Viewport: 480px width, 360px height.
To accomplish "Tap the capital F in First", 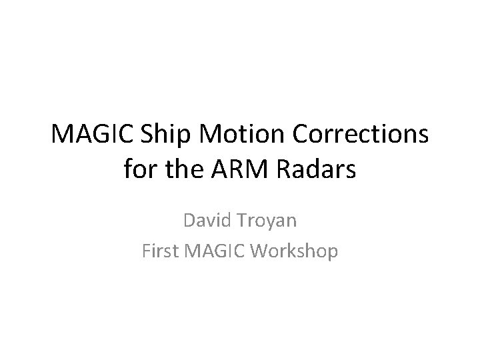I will coord(147,251).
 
